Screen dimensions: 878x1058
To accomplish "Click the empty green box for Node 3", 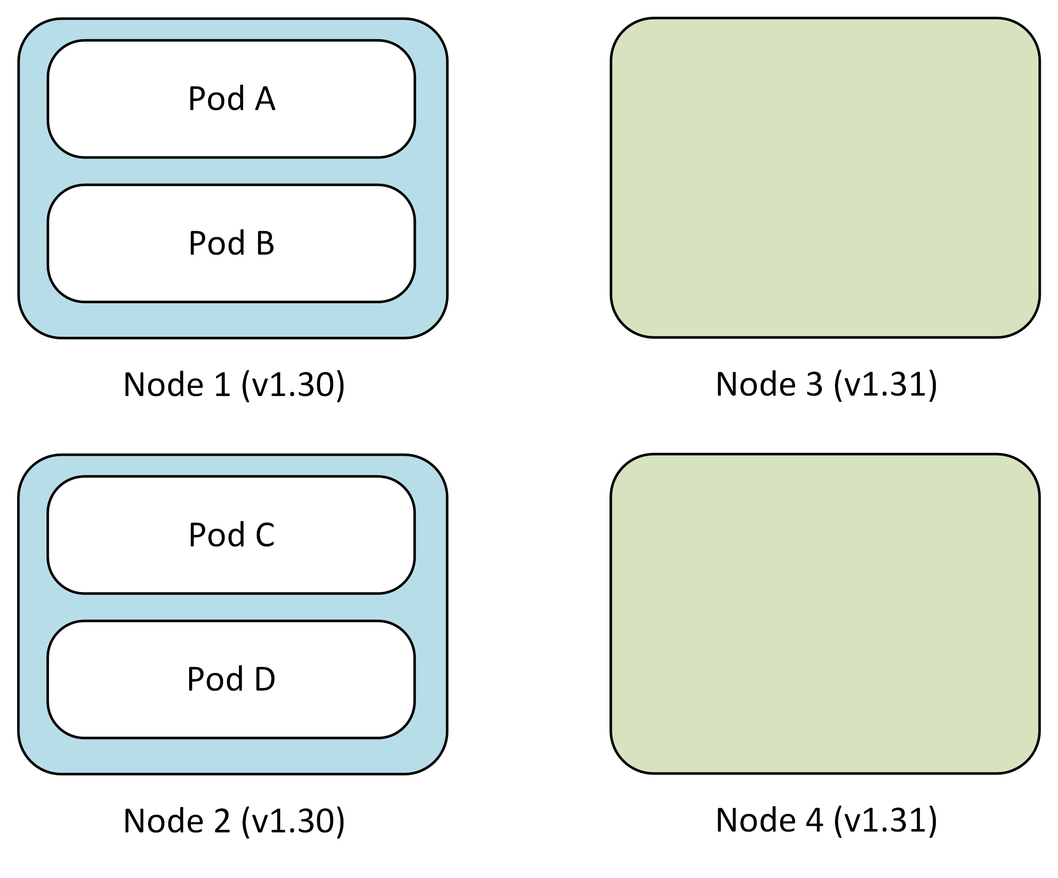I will point(825,178).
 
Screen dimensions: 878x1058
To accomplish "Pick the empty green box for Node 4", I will point(825,614).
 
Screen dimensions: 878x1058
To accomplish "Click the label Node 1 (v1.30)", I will point(234,385).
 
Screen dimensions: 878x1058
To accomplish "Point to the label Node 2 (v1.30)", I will point(234,821).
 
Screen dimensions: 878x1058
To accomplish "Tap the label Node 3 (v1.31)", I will point(826,385).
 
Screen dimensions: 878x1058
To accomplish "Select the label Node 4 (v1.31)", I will point(826,821).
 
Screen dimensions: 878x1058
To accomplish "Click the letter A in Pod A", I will point(265,99).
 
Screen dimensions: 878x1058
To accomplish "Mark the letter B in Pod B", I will point(265,243).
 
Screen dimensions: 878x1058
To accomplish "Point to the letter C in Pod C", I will point(265,535).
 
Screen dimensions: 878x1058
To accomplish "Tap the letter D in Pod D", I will point(265,679).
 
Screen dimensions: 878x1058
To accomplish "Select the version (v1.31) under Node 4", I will point(886,821).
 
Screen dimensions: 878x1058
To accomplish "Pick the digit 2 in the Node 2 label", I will point(222,821).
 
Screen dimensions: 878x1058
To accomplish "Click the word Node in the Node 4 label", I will point(755,821).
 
